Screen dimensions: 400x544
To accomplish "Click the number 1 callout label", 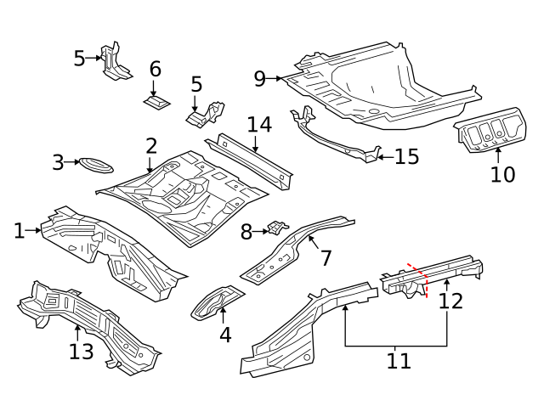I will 19,230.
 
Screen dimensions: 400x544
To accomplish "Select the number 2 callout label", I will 151,146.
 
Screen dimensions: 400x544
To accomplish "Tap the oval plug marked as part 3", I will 94,163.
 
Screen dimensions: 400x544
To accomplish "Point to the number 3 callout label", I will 58,162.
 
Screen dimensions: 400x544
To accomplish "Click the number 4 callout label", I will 224,335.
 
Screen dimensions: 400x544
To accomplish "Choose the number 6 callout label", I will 155,69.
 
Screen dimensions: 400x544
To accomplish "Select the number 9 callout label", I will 260,79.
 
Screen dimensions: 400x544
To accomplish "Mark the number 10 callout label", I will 502,174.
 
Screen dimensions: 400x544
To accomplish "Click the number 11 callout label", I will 398,361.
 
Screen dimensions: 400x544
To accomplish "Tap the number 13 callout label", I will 81,351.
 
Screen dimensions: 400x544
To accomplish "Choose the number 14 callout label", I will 259,125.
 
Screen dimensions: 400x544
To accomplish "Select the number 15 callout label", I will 407,156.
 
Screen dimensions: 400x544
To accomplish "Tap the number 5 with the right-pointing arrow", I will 79,59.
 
